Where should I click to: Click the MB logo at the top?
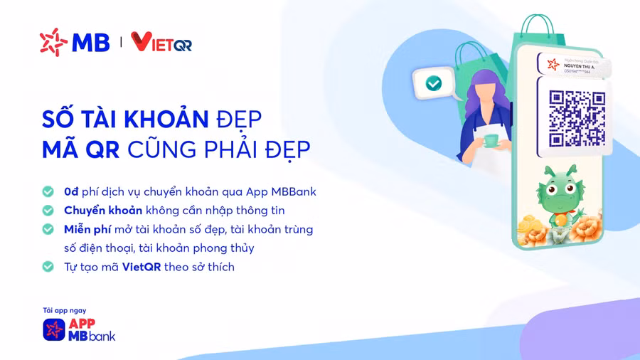75,42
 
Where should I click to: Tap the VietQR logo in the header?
161,43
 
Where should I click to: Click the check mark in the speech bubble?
433,83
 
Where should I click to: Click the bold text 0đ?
70,191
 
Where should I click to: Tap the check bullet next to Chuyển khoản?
48,211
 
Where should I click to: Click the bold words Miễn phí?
87,229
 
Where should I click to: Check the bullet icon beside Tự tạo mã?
48,267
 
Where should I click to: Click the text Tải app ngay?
64,310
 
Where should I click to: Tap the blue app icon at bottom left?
54,329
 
